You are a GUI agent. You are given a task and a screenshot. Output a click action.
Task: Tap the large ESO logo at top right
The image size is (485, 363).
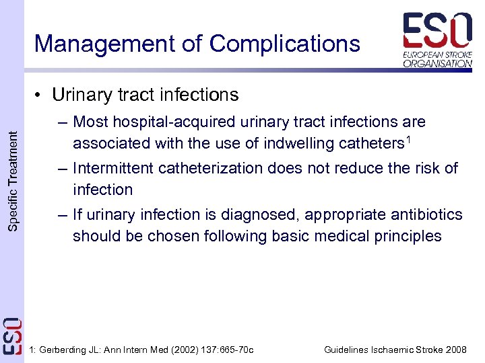437,31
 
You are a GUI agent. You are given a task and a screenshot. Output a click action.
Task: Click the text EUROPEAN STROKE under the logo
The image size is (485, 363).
437,54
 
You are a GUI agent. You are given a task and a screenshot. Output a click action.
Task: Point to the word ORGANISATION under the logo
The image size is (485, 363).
437,63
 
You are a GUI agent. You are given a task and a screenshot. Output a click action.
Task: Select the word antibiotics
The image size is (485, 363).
425,214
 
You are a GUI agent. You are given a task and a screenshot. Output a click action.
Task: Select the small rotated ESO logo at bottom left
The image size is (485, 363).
12,335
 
